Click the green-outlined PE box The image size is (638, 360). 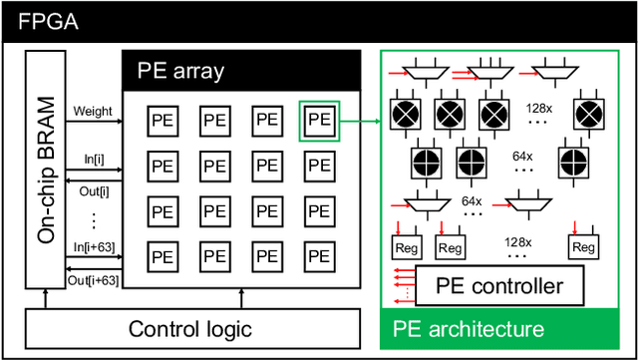point(318,120)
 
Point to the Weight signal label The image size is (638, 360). point(94,112)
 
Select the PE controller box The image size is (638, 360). point(499,287)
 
